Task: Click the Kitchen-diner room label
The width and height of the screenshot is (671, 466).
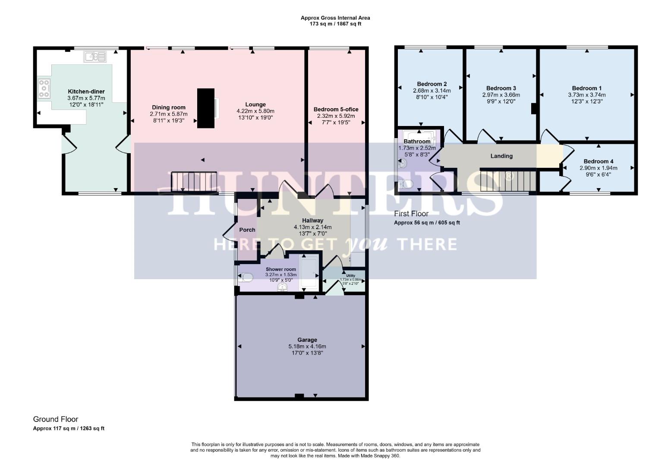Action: (86, 91)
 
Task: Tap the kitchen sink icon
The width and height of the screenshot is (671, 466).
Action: (95, 57)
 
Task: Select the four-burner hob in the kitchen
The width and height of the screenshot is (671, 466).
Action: (44, 88)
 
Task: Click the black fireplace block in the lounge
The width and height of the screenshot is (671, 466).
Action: (205, 108)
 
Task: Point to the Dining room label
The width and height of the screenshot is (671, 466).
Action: (168, 107)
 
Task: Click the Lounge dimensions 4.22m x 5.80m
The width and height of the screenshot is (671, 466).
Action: (255, 111)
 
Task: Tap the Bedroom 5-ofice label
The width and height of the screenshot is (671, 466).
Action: (336, 109)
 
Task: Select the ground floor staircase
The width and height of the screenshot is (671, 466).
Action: (194, 181)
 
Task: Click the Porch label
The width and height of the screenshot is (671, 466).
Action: (247, 230)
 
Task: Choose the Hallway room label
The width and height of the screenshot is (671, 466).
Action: (312, 220)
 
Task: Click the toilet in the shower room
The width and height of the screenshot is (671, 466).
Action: (246, 277)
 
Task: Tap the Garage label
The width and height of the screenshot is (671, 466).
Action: (307, 340)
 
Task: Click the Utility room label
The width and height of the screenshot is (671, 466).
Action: (350, 275)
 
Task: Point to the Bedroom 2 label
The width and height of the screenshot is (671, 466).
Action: (432, 84)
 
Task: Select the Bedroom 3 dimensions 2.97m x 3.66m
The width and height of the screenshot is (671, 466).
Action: (501, 95)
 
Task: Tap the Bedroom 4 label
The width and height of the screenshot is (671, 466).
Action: (598, 161)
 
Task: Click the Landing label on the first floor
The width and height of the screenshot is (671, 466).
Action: (501, 156)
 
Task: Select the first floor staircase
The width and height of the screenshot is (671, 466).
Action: (508, 180)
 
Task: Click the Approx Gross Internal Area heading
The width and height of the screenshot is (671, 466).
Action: (335, 18)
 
